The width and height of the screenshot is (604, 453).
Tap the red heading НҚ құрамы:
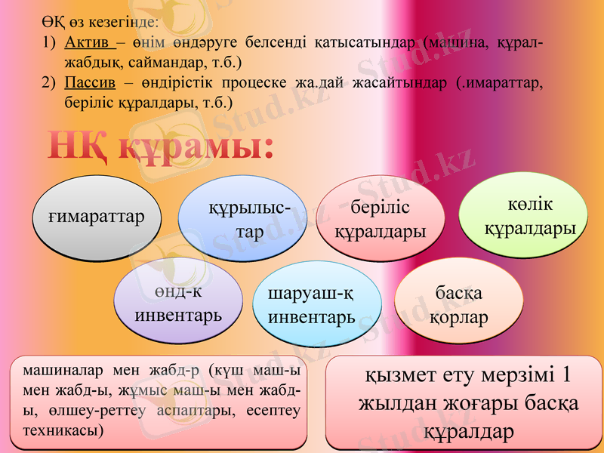[x=161, y=146]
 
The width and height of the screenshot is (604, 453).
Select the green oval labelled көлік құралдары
[x=524, y=216]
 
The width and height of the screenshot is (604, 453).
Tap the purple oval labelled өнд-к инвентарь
[x=178, y=302]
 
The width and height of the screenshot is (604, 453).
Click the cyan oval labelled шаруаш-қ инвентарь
[x=317, y=305]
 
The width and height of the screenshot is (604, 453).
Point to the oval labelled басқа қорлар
[x=458, y=305]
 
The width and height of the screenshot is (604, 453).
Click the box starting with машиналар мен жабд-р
[x=162, y=400]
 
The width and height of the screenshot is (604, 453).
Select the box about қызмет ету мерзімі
[x=464, y=403]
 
